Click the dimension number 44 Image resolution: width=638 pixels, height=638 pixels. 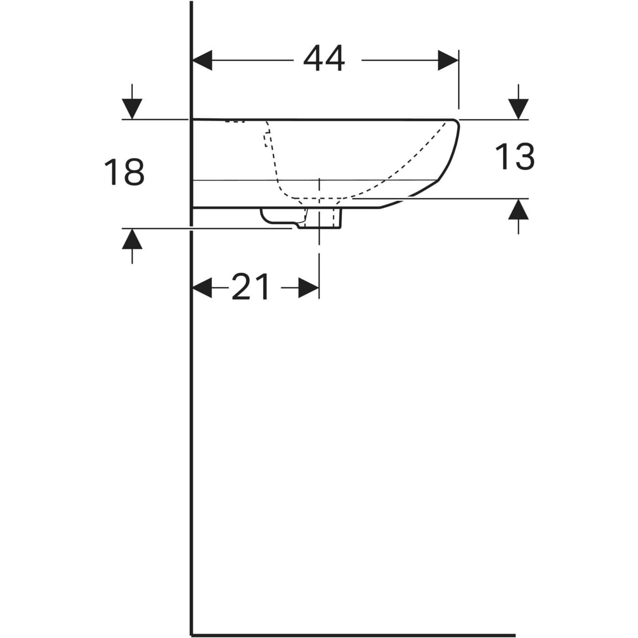(x=324, y=58)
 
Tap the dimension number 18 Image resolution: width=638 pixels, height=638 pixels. (x=124, y=172)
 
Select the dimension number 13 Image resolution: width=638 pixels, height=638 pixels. (x=515, y=156)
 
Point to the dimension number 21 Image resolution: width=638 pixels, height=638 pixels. (x=250, y=287)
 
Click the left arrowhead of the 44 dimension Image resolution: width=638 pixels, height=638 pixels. (x=202, y=60)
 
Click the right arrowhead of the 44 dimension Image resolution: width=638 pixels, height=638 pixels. (x=448, y=60)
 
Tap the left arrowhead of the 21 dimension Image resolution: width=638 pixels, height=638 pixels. (x=202, y=288)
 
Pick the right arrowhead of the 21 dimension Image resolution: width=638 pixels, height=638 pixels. (x=308, y=288)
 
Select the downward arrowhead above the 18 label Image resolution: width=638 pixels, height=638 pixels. (x=132, y=108)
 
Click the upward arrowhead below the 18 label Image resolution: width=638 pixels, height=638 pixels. (x=132, y=239)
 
